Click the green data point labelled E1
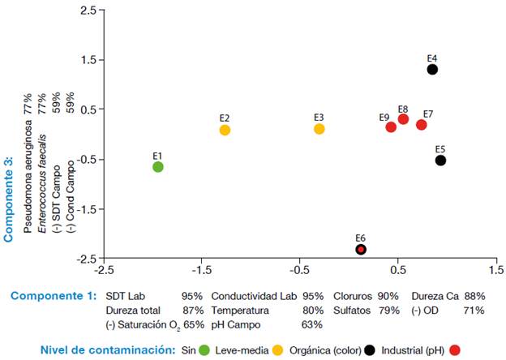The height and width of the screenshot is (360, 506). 158,167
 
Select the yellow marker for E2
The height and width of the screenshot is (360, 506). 225,130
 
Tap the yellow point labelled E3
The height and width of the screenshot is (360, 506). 319,129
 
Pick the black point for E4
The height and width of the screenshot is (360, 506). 432,70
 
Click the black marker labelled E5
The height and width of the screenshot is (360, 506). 440,161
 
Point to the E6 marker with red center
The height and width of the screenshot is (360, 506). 361,249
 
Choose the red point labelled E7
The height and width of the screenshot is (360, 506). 422,125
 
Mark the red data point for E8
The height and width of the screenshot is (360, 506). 403,119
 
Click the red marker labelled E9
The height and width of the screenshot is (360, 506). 391,127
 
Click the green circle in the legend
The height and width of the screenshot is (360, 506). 204,350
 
